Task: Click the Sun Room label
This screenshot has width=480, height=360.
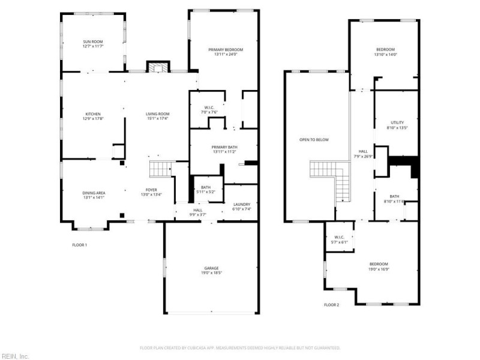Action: tap(93, 41)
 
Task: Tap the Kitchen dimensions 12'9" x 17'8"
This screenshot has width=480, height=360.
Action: tap(92, 119)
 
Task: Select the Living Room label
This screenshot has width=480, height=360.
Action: tap(158, 114)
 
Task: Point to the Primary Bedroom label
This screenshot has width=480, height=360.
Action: tap(223, 50)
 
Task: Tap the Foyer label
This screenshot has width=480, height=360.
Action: tap(152, 190)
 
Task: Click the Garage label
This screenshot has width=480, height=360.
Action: tap(211, 268)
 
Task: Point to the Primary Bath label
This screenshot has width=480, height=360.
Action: tap(223, 147)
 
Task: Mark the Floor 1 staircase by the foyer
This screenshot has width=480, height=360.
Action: tap(160, 169)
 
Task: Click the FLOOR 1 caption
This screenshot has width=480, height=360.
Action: tap(79, 244)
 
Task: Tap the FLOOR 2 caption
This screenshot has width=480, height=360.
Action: tap(331, 305)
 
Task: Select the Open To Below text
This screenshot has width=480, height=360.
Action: tap(314, 140)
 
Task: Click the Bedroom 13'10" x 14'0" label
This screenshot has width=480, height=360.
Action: tap(385, 49)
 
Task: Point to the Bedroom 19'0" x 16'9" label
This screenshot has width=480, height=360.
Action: tap(378, 264)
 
